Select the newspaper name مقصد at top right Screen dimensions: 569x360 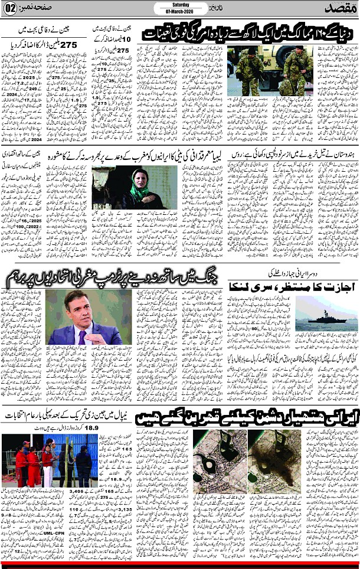point(339,9)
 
